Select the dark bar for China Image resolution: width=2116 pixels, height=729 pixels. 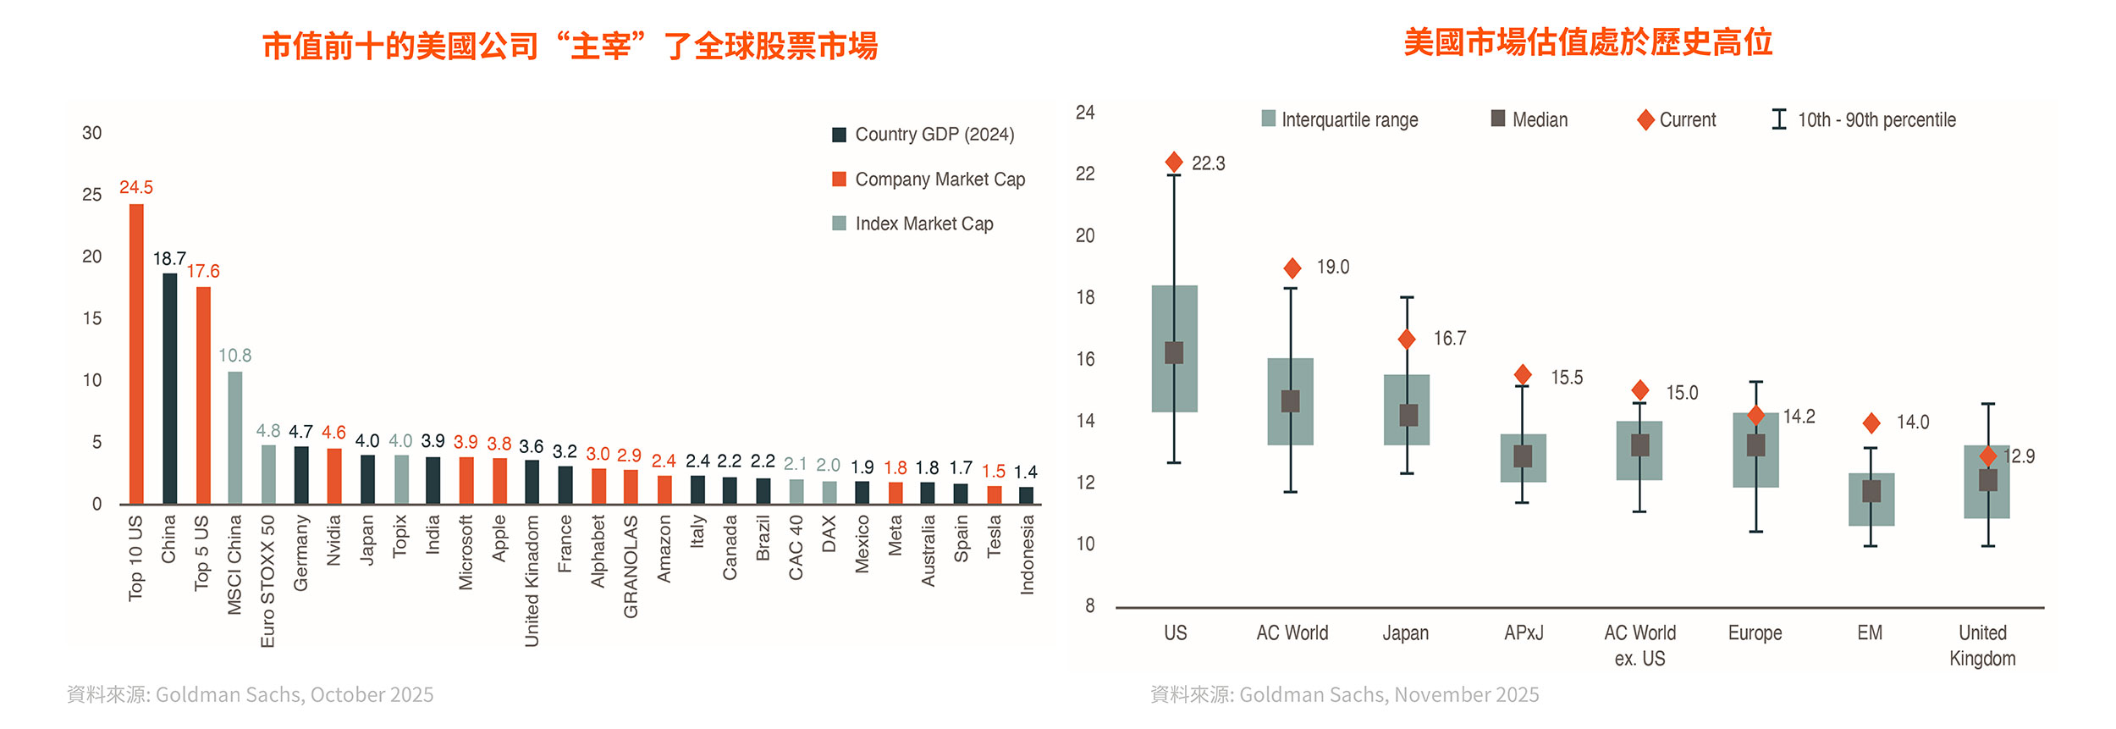[170, 389]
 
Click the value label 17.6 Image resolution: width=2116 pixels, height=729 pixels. [203, 272]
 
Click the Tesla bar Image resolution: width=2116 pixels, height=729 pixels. [995, 495]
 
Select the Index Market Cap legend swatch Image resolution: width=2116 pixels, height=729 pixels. [840, 224]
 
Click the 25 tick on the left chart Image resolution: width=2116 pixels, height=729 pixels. [91, 195]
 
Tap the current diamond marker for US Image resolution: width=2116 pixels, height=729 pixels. [1174, 163]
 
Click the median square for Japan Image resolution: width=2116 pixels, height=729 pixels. [1408, 416]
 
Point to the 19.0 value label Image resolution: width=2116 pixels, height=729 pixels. [1333, 268]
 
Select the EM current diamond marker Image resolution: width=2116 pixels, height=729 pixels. [1871, 422]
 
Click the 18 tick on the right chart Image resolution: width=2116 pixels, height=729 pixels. [1085, 298]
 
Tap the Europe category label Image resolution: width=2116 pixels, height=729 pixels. [1755, 633]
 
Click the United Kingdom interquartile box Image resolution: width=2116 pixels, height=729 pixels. [1987, 500]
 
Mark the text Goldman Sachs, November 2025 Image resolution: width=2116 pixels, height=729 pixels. [1388, 695]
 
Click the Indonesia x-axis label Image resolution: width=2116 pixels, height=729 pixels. [1028, 555]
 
